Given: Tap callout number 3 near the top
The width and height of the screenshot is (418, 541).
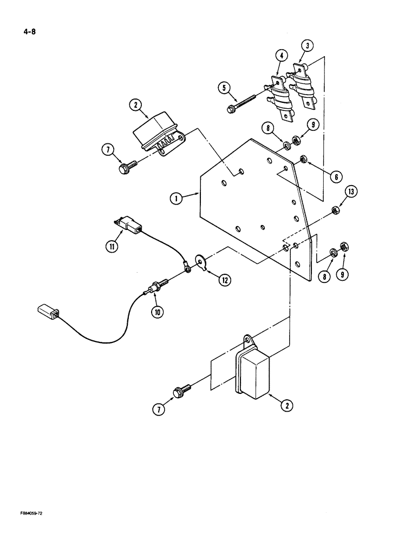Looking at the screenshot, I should (306, 46).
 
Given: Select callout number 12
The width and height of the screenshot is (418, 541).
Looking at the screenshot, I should (223, 280).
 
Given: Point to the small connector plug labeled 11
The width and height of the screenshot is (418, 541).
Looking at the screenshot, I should (128, 225).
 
